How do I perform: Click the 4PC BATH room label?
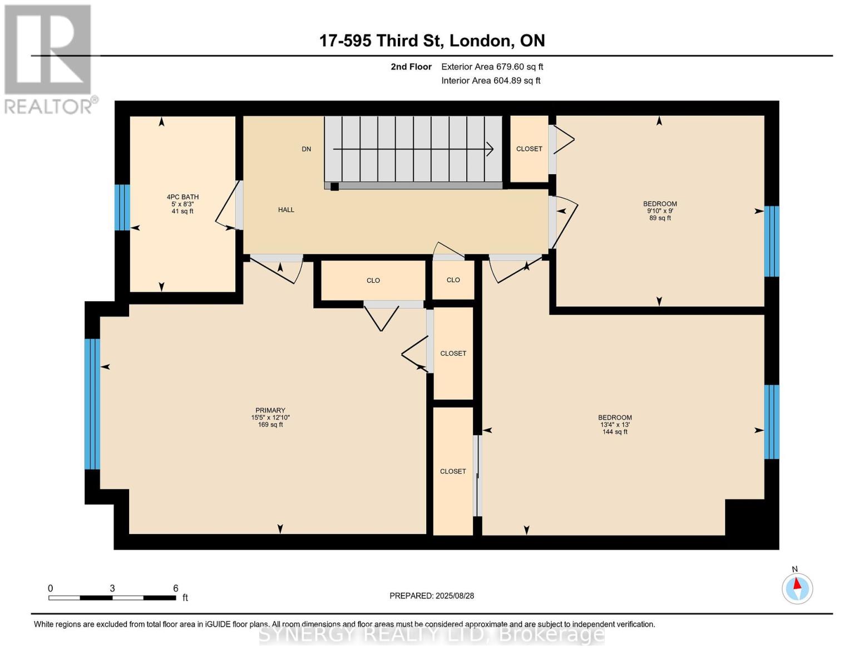pos(182,197)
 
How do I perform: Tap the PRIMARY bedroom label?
pos(270,410)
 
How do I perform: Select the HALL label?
pos(287,210)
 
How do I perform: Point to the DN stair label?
pos(306,149)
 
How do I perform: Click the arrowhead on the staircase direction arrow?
pos(491,149)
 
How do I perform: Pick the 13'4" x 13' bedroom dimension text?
pos(615,425)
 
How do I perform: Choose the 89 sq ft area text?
pos(660,218)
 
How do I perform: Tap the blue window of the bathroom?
pos(122,207)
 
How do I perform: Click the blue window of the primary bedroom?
pos(92,404)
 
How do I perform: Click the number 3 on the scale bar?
pos(112,588)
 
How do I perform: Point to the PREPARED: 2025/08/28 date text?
pos(432,596)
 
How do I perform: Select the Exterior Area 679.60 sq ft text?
pos(492,67)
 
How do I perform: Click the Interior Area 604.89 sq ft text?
pos(491,81)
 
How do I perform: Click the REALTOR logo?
pos(50,60)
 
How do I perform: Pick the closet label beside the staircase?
pos(529,149)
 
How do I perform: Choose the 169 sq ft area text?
pos(270,425)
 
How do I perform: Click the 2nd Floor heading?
pos(411,67)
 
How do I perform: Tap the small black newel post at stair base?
pos(335,186)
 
